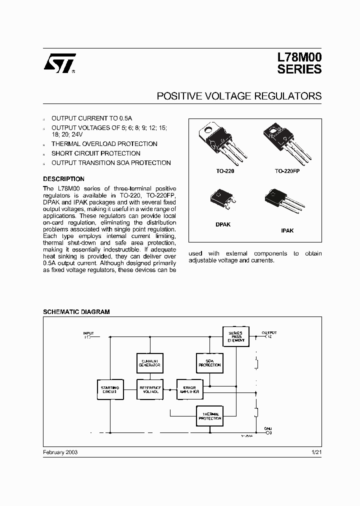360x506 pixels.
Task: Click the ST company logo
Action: tap(59, 64)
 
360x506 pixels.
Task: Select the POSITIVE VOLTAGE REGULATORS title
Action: tap(239, 95)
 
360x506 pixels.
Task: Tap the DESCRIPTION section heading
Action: tap(63, 179)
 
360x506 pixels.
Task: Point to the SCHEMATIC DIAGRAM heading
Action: tap(76, 311)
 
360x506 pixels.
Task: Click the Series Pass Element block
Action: tap(235, 336)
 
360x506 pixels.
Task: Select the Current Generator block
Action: tap(149, 363)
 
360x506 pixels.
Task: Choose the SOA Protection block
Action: tap(209, 363)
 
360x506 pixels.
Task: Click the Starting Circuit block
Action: tap(109, 389)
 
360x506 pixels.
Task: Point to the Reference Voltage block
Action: tap(149, 389)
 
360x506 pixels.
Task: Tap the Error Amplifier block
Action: tap(190, 389)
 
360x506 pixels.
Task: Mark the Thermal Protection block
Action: tap(209, 416)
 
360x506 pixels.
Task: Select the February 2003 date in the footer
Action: tap(60, 451)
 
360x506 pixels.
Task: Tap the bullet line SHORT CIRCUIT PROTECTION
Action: tap(96, 153)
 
